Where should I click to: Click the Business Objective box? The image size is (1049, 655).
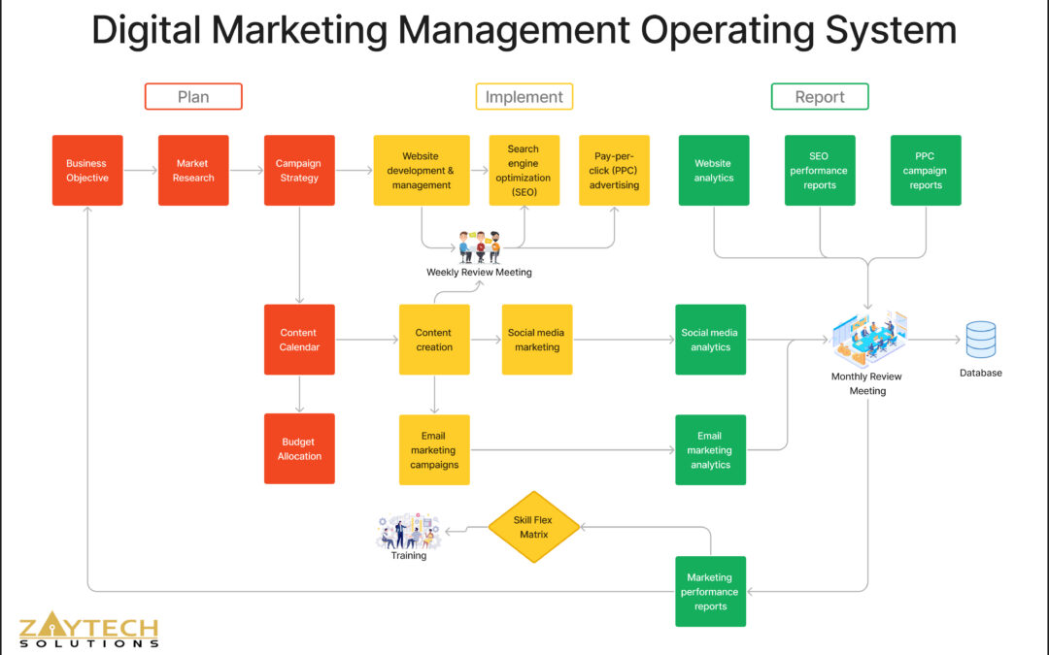pyautogui.click(x=87, y=171)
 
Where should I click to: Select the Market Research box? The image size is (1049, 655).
pyautogui.click(x=193, y=171)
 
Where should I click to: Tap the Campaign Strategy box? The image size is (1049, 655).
pyautogui.click(x=299, y=171)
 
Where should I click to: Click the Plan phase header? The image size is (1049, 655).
pyautogui.click(x=193, y=97)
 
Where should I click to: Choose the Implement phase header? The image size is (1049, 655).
pyautogui.click(x=524, y=97)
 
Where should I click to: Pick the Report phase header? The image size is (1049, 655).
pyautogui.click(x=820, y=97)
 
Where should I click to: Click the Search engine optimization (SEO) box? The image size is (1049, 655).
pyautogui.click(x=524, y=171)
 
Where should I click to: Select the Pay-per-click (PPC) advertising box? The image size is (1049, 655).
pyautogui.click(x=614, y=171)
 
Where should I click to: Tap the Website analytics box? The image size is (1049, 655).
pyautogui.click(x=714, y=171)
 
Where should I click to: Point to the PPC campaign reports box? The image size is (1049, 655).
pyautogui.click(x=926, y=171)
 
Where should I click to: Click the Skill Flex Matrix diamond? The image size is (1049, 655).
pyautogui.click(x=532, y=527)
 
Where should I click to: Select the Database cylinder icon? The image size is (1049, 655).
pyautogui.click(x=981, y=341)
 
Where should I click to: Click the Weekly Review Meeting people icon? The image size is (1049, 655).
pyautogui.click(x=479, y=246)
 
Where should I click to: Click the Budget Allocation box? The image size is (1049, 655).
pyautogui.click(x=299, y=448)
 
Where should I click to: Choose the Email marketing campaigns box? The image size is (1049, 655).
pyautogui.click(x=434, y=449)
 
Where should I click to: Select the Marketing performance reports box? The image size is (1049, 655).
pyautogui.click(x=710, y=591)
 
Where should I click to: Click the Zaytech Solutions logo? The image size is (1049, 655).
pyautogui.click(x=88, y=631)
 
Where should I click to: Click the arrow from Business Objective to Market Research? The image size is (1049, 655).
pyautogui.click(x=141, y=171)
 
